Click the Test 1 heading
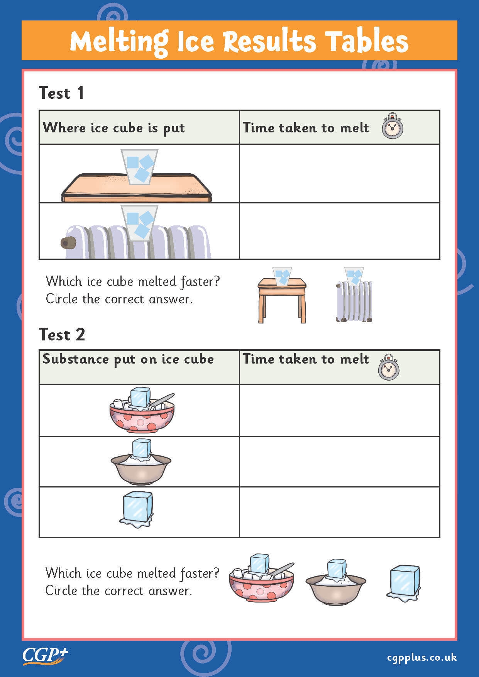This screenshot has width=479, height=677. pos(61,93)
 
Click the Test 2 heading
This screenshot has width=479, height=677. pos(62,334)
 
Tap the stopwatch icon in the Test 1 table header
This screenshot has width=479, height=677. pos(393,126)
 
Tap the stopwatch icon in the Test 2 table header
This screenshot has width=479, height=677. pos(389,367)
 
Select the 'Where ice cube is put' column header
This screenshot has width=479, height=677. pos(114,128)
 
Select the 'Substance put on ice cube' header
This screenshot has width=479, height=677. pos(128,359)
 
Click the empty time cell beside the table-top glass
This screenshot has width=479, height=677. pos(339,173)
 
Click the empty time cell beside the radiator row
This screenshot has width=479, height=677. pos(339,231)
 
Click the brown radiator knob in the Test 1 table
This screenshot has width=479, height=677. pos(68,243)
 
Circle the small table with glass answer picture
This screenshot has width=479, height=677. pos(282,295)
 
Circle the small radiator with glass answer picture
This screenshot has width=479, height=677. pos(354,295)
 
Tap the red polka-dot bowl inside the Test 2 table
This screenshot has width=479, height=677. pos(142,417)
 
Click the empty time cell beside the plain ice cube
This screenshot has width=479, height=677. pos(339,512)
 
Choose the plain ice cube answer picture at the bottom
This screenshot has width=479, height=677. pos(404,583)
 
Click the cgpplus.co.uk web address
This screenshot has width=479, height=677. pos(422,657)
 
